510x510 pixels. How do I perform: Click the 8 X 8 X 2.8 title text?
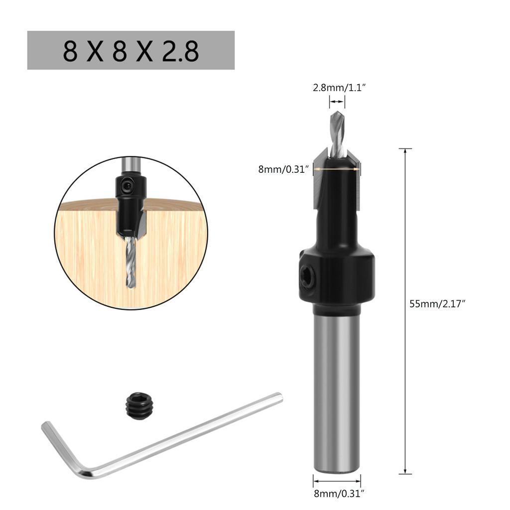[x=131, y=51]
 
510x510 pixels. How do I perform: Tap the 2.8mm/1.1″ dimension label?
[x=339, y=88]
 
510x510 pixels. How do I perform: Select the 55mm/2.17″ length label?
[x=437, y=304]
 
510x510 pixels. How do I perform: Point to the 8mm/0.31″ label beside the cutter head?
[x=283, y=169]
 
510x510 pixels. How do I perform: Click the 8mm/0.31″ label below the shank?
[x=339, y=494]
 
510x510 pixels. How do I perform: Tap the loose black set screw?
[x=139, y=405]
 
